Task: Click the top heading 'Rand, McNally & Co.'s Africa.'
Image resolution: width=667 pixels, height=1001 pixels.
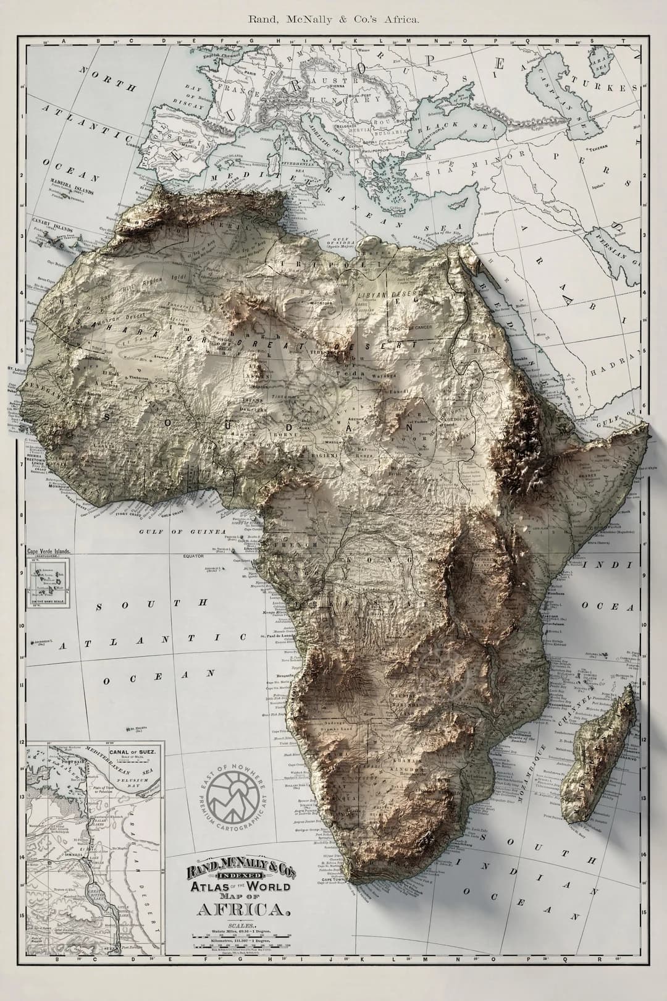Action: (x=333, y=19)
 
